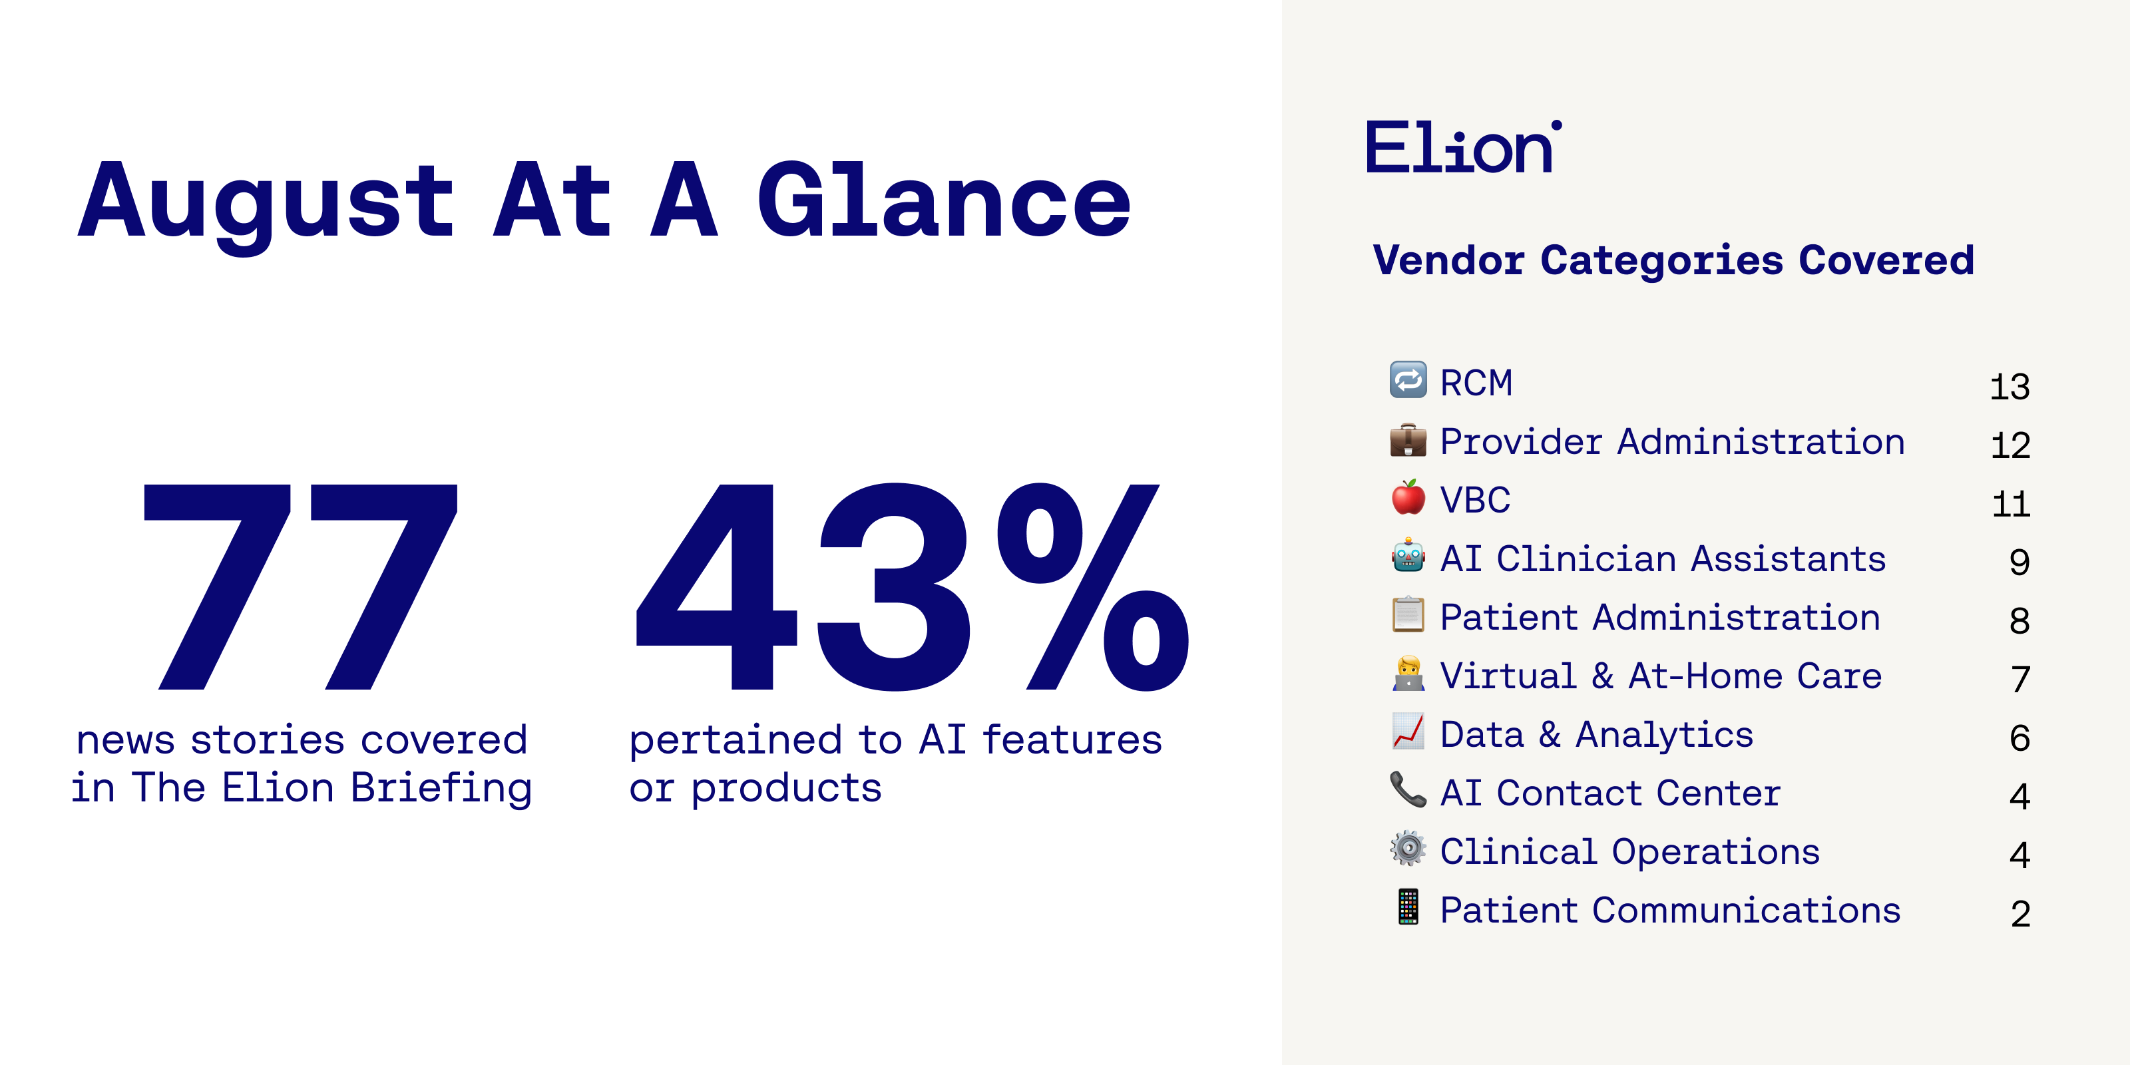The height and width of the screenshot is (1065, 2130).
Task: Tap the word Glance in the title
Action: (x=943, y=198)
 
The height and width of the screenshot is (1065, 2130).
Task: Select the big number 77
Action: (x=300, y=586)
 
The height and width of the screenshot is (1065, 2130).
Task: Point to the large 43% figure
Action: (x=912, y=586)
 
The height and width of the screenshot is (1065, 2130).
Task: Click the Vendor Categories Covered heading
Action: (x=1673, y=260)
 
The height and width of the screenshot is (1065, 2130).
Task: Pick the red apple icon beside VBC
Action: (x=1408, y=497)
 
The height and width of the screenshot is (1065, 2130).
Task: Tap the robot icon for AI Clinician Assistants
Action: (x=1408, y=556)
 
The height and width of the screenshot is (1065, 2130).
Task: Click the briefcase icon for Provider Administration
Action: (x=1408, y=440)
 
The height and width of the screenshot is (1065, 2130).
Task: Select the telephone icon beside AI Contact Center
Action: (x=1408, y=789)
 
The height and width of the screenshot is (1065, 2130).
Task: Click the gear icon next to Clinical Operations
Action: (x=1408, y=849)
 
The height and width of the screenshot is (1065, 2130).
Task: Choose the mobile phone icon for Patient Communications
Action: (x=1408, y=906)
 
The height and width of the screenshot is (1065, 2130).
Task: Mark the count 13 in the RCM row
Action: (x=2010, y=387)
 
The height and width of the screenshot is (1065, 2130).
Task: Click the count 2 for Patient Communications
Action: (x=2020, y=914)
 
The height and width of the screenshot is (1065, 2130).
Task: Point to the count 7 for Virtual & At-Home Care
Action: (x=2021, y=680)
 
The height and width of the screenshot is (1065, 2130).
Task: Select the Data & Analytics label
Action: (x=1597, y=734)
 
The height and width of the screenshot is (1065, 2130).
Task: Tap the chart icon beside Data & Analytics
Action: (x=1408, y=731)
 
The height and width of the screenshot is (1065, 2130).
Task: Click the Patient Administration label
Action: (x=1660, y=617)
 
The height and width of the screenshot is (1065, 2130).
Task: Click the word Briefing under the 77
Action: (x=441, y=789)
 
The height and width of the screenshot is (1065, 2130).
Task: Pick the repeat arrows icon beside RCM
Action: (x=1408, y=379)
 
